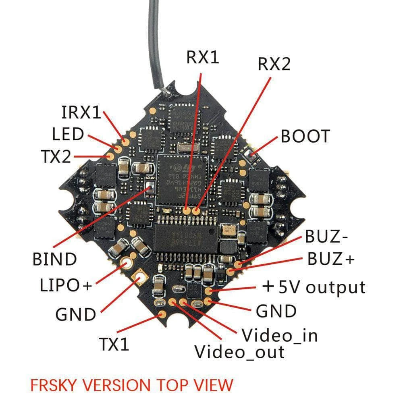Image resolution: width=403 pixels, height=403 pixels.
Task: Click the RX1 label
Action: [x=202, y=57]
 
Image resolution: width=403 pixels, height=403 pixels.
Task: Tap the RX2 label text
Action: [x=274, y=64]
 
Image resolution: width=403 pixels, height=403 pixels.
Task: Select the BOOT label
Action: [x=305, y=137]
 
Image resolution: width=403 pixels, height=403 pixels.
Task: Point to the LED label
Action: [x=68, y=134]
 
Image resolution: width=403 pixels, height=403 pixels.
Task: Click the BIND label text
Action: [x=54, y=259]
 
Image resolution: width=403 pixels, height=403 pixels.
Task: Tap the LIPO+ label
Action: [x=66, y=285]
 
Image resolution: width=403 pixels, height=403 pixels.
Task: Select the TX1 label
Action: [x=114, y=344]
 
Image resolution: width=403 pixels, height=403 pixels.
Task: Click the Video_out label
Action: [x=239, y=352]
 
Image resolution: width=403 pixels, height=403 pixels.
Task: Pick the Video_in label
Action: [x=279, y=335]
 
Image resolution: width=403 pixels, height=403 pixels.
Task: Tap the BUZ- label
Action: [x=326, y=237]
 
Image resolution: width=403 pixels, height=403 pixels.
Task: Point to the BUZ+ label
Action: [x=330, y=259]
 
